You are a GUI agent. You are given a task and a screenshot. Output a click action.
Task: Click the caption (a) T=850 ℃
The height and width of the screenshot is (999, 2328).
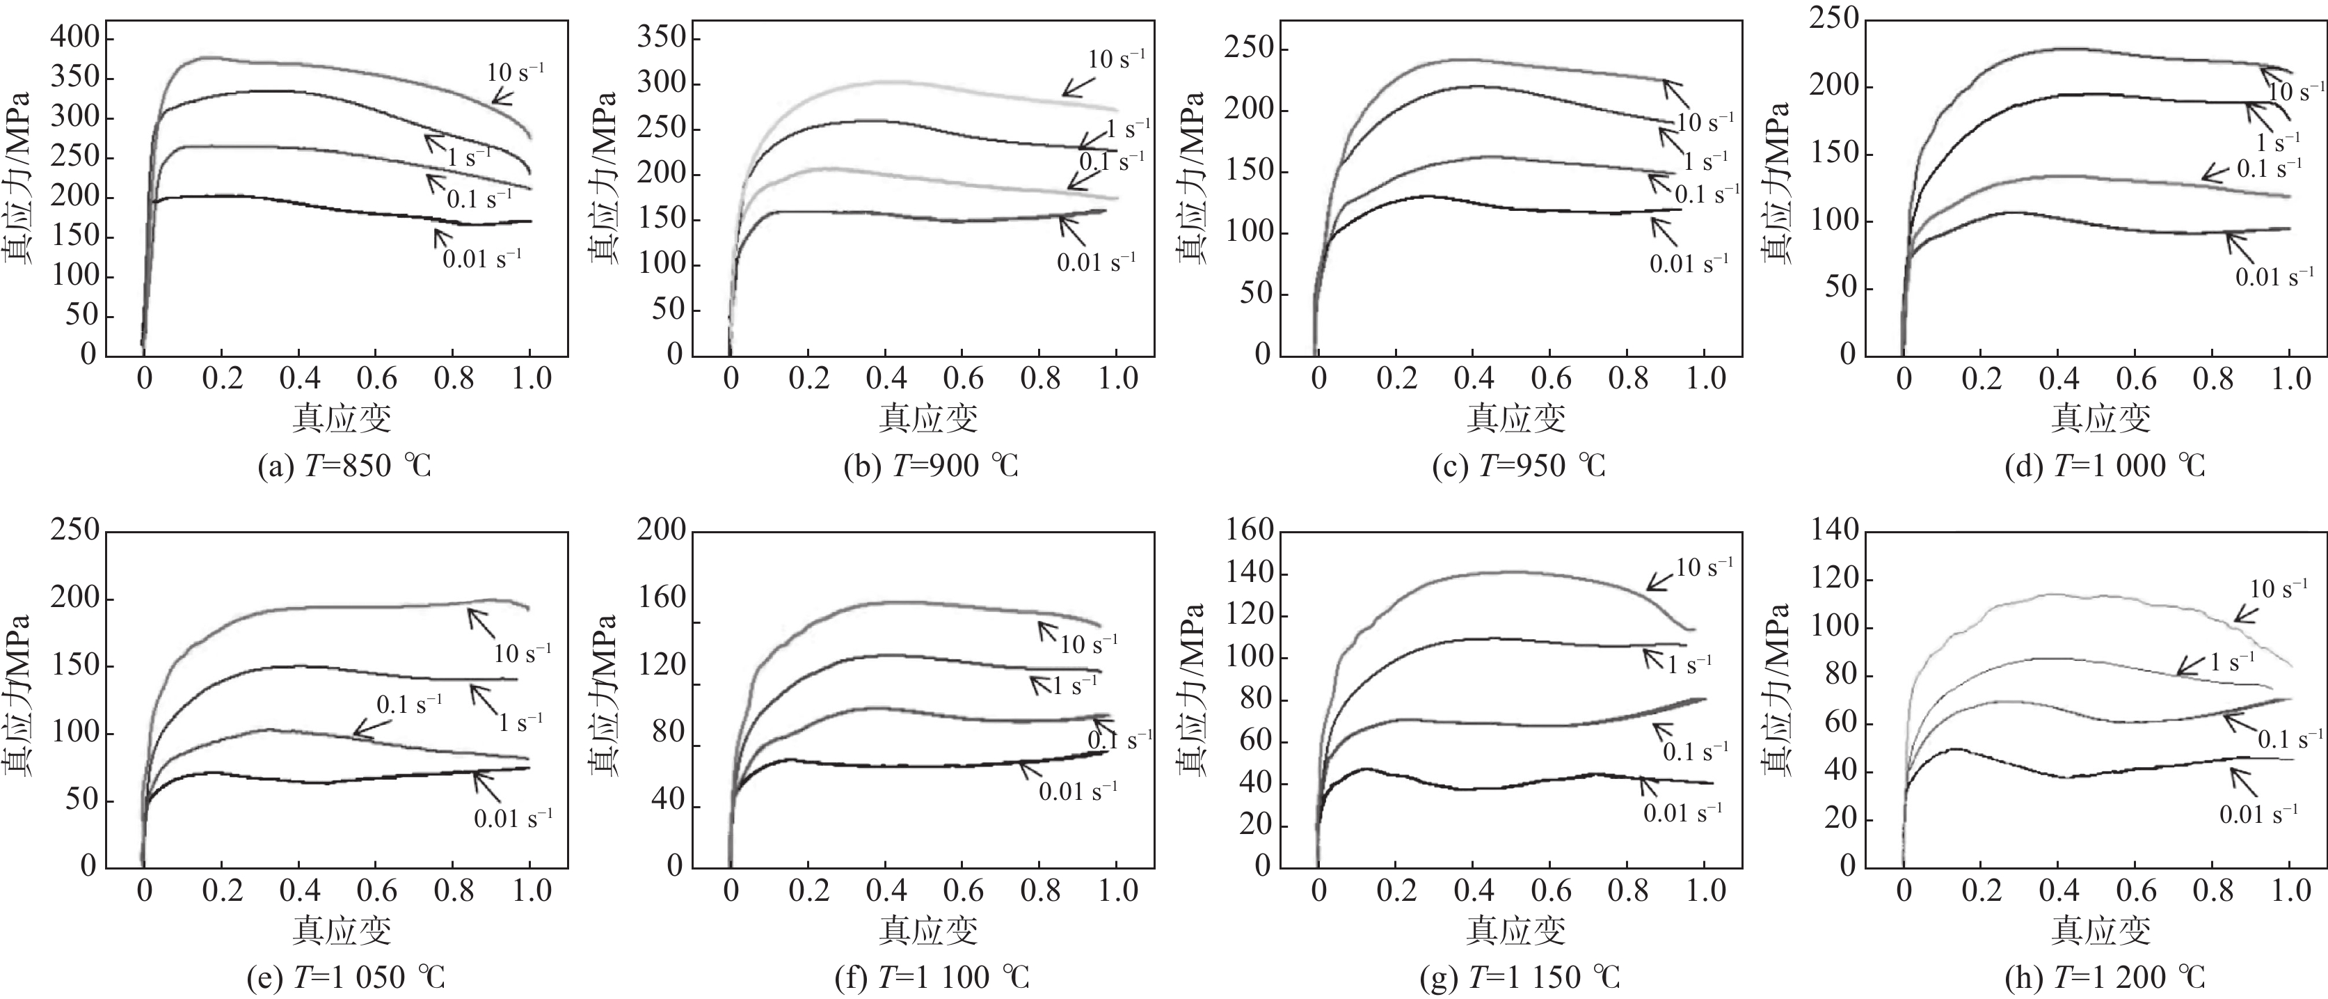(x=344, y=466)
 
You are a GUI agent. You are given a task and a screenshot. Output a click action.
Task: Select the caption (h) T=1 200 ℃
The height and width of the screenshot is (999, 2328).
(x=2103, y=977)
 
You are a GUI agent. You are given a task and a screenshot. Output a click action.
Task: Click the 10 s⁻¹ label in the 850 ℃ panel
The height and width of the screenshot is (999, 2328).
(x=515, y=72)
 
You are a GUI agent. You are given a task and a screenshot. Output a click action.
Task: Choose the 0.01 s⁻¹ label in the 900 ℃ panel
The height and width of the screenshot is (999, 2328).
(x=1095, y=262)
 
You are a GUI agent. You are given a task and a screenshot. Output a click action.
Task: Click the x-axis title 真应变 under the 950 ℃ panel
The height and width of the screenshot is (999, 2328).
(x=1515, y=418)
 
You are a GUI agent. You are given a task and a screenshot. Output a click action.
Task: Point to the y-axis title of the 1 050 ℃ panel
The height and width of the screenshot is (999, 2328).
(x=16, y=696)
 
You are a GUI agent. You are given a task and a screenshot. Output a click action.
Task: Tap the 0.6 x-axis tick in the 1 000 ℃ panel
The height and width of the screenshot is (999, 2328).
(x=2137, y=379)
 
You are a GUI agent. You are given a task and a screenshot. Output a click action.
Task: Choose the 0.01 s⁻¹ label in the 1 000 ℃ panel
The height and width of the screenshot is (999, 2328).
(x=2274, y=276)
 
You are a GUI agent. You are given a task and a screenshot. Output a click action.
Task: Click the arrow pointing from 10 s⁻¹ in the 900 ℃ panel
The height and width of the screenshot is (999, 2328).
(x=1077, y=82)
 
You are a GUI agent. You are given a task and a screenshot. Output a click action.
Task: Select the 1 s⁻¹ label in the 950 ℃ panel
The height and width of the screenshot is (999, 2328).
(x=1705, y=161)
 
